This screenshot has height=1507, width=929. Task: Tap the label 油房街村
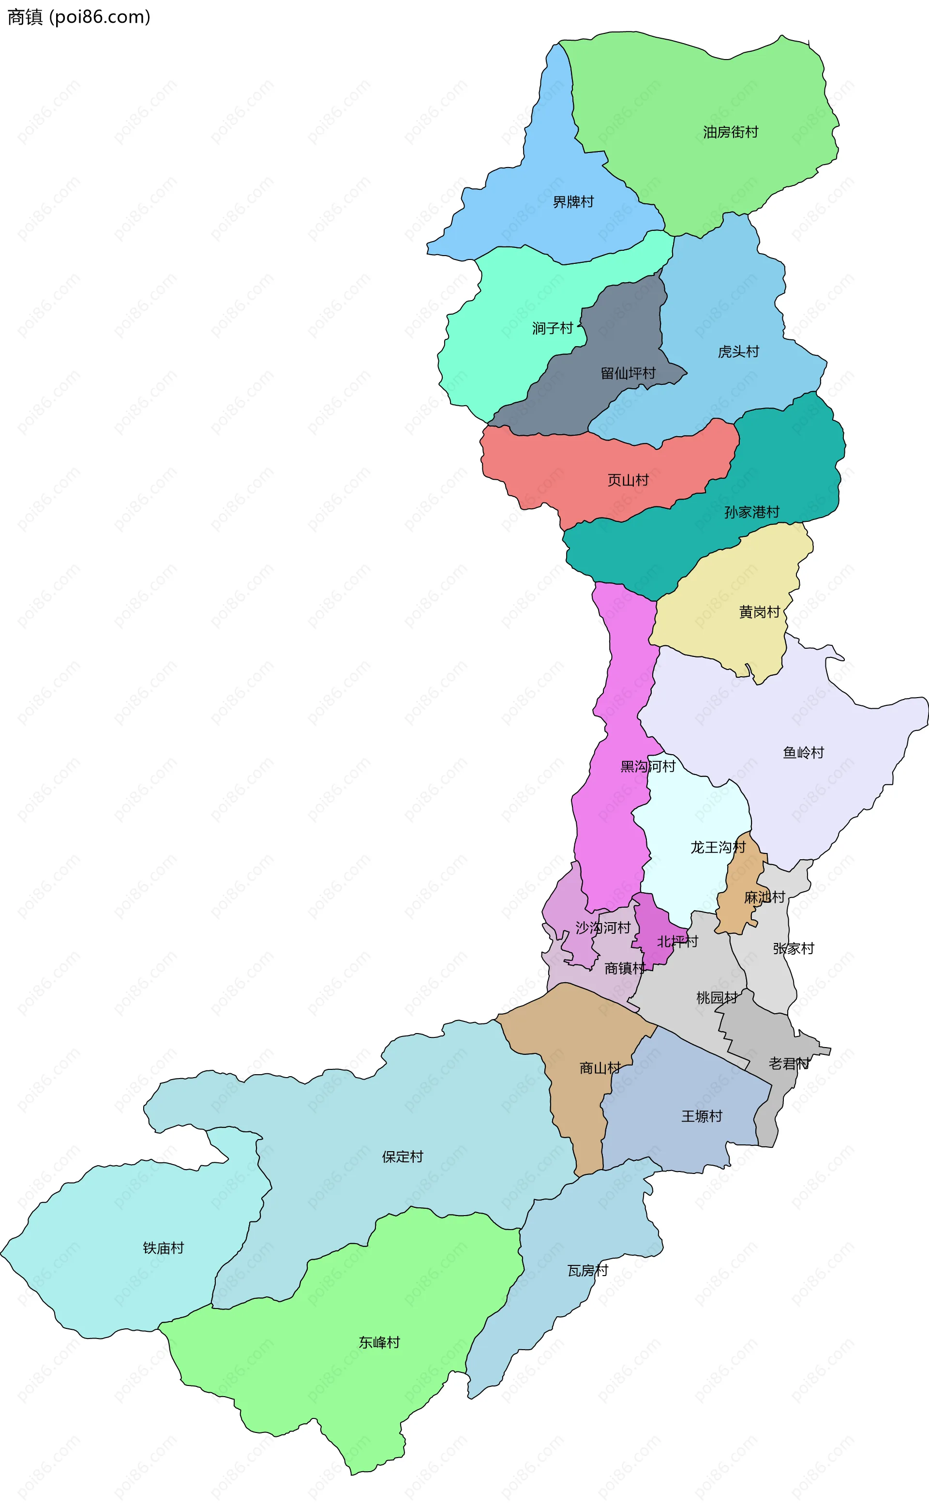731,132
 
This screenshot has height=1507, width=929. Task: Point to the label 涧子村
553,328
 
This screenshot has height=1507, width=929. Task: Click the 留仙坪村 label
628,373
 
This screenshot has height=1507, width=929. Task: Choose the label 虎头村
738,351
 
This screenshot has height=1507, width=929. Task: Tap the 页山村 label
628,480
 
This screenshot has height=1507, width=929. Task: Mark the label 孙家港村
751,512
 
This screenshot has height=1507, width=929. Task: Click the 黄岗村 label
760,612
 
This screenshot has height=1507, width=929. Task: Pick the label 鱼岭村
803,752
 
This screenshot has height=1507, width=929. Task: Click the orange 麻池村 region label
764,898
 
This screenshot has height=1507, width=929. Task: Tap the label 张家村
793,948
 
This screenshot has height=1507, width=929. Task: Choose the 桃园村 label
717,998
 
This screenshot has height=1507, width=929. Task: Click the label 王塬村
702,1116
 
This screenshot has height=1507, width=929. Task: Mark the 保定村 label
403,1157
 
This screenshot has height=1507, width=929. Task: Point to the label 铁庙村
164,1248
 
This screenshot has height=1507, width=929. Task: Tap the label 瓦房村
587,1270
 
